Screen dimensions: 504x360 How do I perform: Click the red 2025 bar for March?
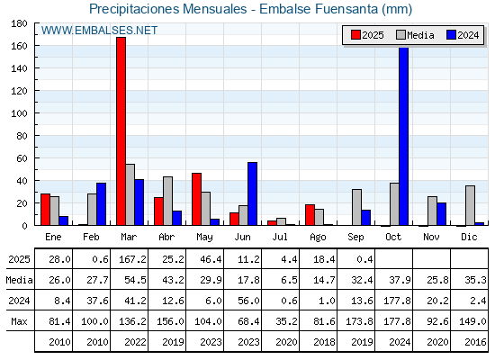tap(121, 131)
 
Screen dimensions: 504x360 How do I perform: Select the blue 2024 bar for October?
tap(404, 136)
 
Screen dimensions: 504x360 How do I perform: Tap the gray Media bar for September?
tap(356, 207)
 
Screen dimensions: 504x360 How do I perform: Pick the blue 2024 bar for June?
tap(252, 193)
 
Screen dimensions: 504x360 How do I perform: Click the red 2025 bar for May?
tap(197, 199)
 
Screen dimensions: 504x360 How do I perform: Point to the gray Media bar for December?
tap(470, 205)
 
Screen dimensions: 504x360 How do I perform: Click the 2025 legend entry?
tap(367, 35)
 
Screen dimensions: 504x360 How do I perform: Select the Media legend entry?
tap(415, 35)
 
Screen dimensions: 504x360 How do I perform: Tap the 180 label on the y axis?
tap(19, 23)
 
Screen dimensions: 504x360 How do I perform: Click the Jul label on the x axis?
tap(280, 237)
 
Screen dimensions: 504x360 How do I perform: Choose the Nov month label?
tap(431, 237)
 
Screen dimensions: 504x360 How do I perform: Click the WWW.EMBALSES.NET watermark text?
tap(99, 31)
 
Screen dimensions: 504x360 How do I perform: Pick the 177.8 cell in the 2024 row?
tap(397, 301)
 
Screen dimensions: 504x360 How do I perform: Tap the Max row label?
tap(19, 321)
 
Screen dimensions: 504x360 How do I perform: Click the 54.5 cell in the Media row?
tap(135, 280)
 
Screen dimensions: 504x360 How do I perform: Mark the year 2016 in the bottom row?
tap(475, 342)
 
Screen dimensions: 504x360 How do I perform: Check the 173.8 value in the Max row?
tap(359, 321)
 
